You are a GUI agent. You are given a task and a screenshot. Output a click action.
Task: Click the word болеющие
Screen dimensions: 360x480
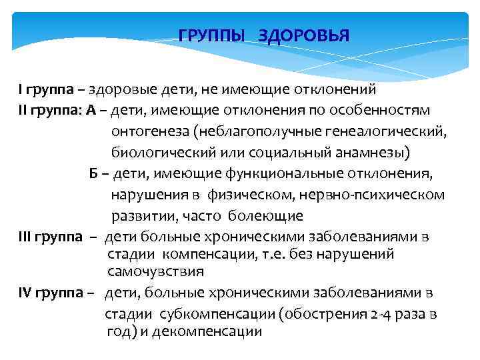point(265,217)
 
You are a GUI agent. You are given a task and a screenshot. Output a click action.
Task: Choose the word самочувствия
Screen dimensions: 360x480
point(155,271)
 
